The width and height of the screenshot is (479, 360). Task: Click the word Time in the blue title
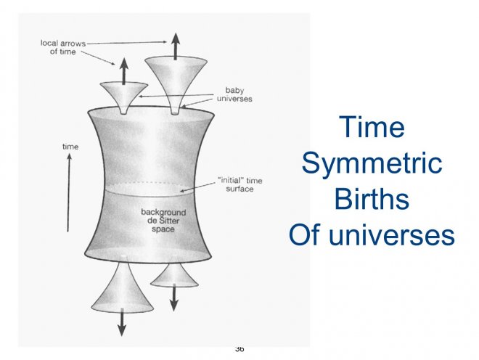[372, 128]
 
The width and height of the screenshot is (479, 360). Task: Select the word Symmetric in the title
[372, 163]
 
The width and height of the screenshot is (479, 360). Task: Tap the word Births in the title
[372, 199]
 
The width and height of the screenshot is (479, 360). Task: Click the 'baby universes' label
[234, 94]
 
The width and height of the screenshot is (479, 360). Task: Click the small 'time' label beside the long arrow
[70, 147]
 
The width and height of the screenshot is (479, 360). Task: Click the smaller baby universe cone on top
[124, 95]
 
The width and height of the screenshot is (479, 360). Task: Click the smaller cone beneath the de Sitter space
[174, 274]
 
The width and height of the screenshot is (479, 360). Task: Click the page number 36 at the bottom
[239, 349]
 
